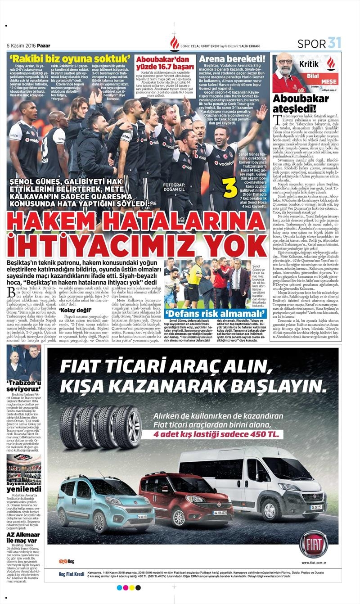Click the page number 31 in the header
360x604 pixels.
(x=334, y=43)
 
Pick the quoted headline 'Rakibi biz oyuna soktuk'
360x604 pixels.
(x=70, y=59)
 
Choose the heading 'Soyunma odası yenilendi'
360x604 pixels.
(x=24, y=486)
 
